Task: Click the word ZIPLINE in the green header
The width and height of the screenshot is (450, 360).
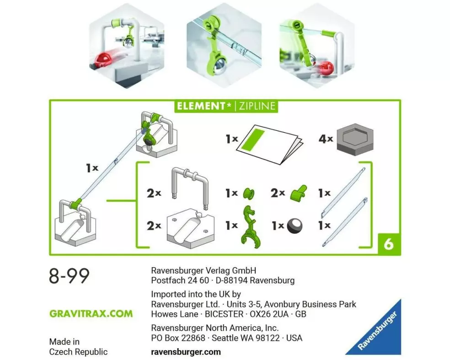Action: [257, 106]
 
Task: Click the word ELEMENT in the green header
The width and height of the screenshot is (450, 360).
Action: [200, 106]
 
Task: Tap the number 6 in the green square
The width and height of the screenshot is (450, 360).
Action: [389, 244]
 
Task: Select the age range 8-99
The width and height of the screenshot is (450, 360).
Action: [69, 275]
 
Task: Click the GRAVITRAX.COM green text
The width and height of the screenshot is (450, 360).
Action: [91, 313]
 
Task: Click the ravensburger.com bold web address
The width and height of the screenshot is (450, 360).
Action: [186, 352]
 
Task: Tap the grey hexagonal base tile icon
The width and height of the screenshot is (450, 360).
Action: [355, 140]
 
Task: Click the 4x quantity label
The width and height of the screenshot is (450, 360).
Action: [326, 139]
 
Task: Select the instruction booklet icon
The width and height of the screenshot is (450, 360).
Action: [269, 144]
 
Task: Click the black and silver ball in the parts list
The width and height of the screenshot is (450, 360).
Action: [295, 226]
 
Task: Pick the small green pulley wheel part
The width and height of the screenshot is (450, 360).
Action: [248, 193]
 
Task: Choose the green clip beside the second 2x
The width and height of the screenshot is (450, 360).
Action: [298, 192]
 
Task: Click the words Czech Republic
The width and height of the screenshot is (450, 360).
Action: [78, 352]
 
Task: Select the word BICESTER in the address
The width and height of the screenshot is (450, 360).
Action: [224, 314]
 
